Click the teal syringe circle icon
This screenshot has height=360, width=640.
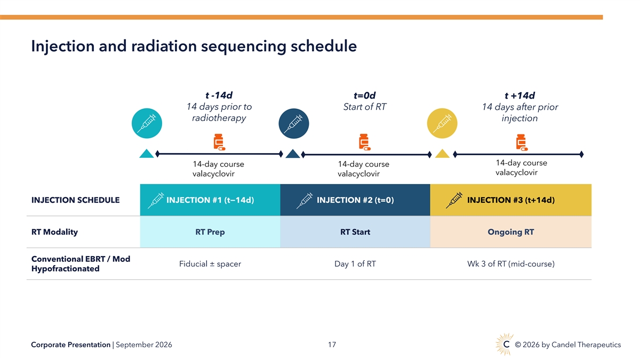click(x=147, y=123)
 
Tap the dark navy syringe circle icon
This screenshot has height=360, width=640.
click(x=294, y=123)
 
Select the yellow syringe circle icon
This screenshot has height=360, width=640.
click(x=442, y=123)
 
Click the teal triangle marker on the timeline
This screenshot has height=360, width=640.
click(x=147, y=154)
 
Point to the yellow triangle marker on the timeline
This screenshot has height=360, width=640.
click(x=442, y=154)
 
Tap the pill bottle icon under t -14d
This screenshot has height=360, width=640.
click(x=219, y=142)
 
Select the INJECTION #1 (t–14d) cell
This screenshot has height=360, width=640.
click(x=210, y=200)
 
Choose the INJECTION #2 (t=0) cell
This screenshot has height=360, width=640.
click(x=355, y=200)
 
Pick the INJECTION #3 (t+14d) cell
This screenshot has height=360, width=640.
click(x=511, y=200)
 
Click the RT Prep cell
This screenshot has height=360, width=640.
click(x=210, y=231)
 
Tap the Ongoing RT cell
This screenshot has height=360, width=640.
click(x=511, y=231)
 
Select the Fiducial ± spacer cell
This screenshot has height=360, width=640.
click(x=210, y=263)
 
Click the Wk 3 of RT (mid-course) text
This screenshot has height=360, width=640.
click(x=511, y=263)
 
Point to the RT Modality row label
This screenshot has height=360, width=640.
click(x=54, y=232)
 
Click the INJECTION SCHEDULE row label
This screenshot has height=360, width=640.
click(x=75, y=200)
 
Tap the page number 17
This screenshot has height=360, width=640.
click(x=332, y=345)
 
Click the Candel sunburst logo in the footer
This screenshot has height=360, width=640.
click(x=505, y=345)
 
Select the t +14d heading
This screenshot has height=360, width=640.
click(x=519, y=95)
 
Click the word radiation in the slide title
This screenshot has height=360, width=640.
click(x=164, y=46)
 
